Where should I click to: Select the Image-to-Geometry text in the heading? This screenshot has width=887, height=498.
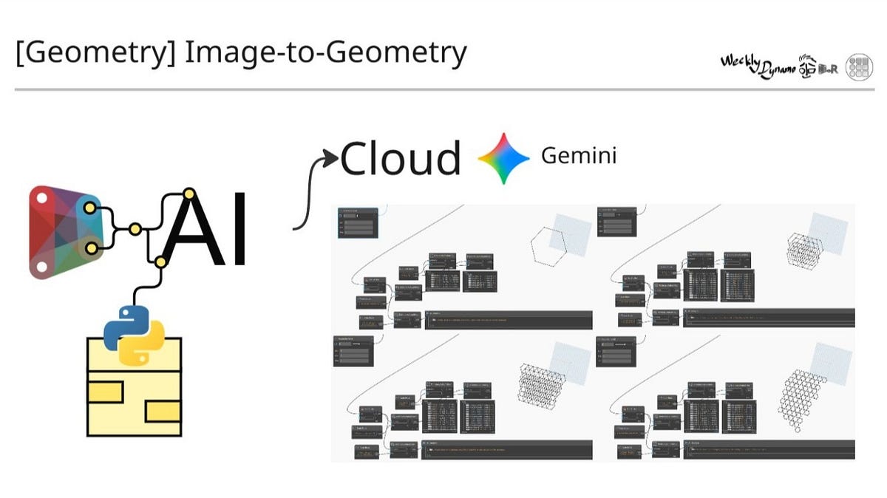(x=325, y=54)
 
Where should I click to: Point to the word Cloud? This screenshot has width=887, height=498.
(x=400, y=158)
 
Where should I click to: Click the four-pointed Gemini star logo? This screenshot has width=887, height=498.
(x=503, y=158)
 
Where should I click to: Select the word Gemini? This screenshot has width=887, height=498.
(x=578, y=156)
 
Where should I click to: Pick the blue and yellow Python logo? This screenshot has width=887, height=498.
(x=134, y=336)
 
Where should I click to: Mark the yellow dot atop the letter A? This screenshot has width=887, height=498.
(x=189, y=194)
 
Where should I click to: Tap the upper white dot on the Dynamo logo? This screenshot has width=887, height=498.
(x=42, y=198)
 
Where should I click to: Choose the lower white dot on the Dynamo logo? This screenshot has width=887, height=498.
(x=42, y=267)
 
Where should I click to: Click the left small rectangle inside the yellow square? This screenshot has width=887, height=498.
(x=105, y=392)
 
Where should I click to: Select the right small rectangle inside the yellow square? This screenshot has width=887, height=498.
(x=163, y=410)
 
